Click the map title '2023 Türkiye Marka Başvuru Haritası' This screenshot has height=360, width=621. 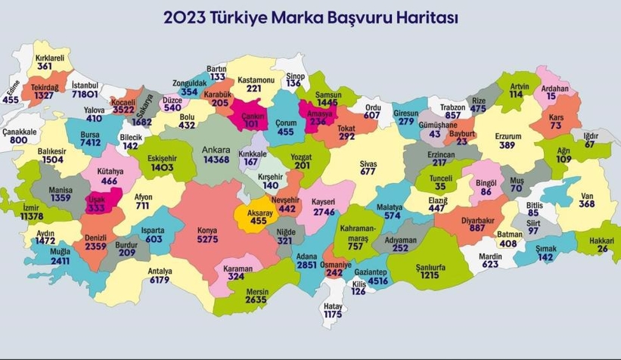pos(310,17)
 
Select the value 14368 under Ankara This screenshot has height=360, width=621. pos(216,159)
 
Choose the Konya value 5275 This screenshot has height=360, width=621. pos(207,240)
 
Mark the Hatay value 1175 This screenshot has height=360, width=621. pos(333,313)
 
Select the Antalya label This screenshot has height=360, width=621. pos(160,270)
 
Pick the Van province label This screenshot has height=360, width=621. pos(586,192)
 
